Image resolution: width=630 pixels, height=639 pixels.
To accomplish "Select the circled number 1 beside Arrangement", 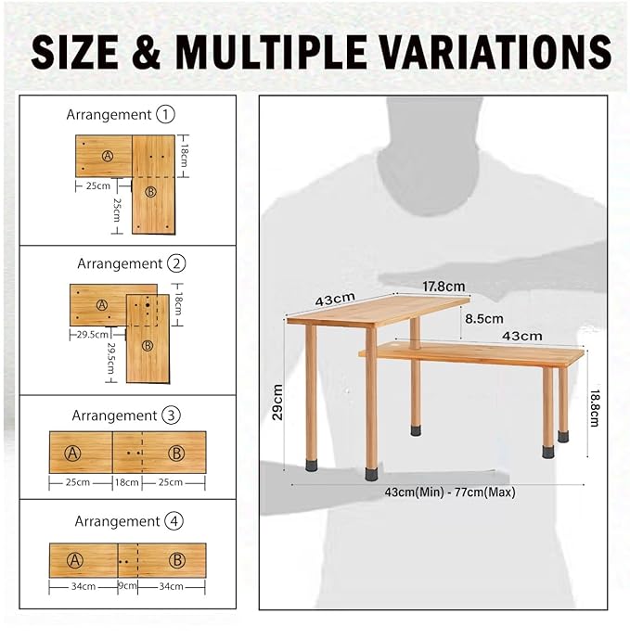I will coord(165,115).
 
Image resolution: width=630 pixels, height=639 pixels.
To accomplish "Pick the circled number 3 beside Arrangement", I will coord(171,415).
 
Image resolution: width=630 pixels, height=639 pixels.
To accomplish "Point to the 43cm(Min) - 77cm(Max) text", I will coord(449,492).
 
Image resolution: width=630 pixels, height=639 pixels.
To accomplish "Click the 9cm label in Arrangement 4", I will coord(127,585).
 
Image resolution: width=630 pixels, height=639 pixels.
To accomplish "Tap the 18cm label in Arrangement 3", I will coord(126,482).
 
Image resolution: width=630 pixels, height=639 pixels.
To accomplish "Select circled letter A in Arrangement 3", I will coord(74,453).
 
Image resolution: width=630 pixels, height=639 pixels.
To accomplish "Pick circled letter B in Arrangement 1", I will coord(152,192).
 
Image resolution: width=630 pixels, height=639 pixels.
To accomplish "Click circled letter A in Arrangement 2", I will coord(102,304).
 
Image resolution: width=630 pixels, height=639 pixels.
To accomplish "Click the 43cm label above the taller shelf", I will coord(335,300).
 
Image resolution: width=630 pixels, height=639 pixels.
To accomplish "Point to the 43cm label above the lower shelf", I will coord(522,335).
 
